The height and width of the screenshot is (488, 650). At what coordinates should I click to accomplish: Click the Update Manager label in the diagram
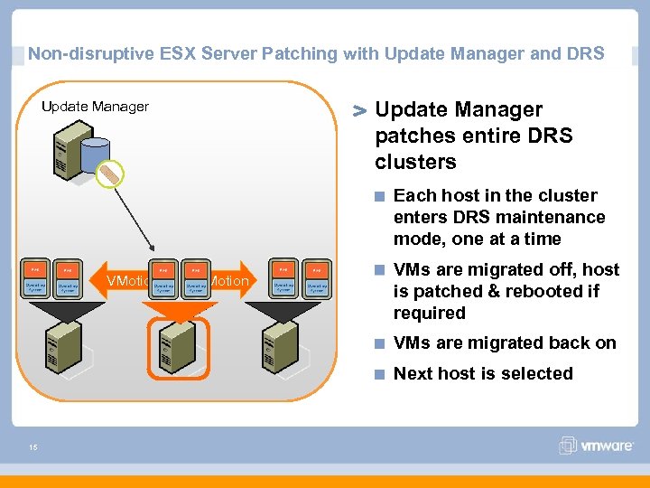(95, 107)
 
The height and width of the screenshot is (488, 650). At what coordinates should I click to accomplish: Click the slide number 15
(32, 445)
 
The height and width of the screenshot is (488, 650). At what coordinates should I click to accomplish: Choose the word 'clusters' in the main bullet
(415, 162)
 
